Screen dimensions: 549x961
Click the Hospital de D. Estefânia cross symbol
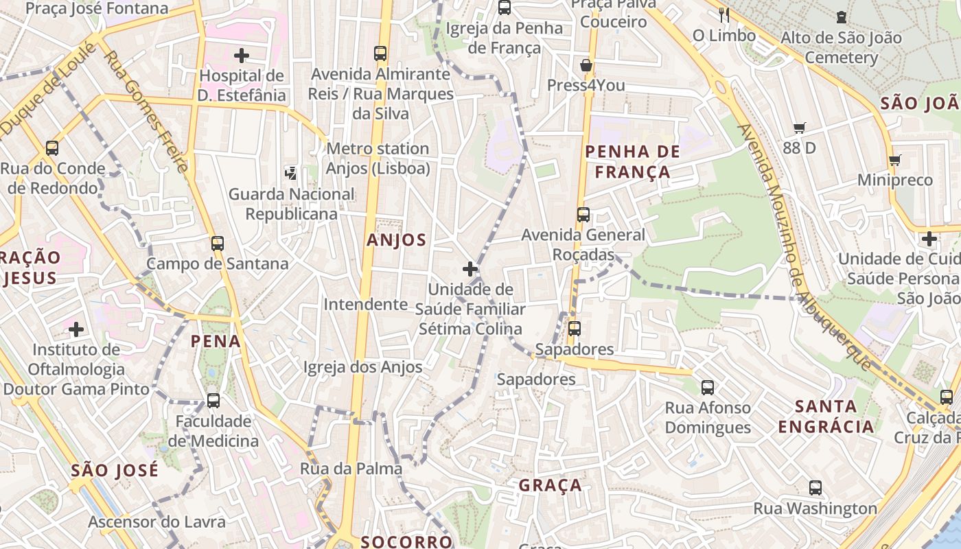point(241,56)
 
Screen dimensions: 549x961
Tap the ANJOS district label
point(396,240)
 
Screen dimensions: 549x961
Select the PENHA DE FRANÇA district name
point(632,162)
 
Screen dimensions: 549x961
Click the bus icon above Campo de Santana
point(218,244)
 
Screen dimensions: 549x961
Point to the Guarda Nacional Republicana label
point(292,204)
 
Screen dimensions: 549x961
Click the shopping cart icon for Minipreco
point(894,161)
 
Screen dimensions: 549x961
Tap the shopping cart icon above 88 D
point(799,128)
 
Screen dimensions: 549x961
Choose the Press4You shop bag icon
point(586,66)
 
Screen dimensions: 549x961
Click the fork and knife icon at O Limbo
point(723,14)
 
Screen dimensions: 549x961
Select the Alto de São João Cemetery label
point(841,47)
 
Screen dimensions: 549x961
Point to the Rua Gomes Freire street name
point(145,110)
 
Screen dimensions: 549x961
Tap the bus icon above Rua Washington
point(815,488)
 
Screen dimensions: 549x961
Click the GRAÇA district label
point(550,486)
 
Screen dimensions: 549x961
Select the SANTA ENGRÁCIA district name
point(826,416)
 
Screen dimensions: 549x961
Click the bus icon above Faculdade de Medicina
point(213,400)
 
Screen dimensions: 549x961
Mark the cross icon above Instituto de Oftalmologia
point(76,329)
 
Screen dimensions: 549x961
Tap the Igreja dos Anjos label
point(363,367)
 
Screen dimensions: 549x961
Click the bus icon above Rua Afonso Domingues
point(708,388)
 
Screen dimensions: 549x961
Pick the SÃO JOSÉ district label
point(115,471)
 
